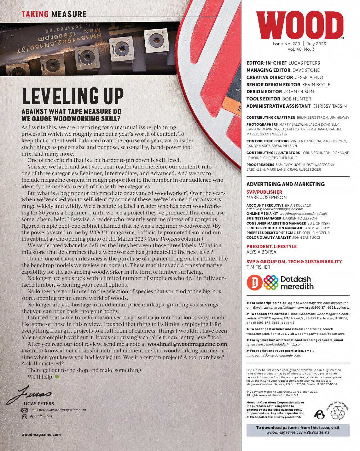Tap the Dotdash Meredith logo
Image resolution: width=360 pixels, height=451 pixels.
coord(280,283)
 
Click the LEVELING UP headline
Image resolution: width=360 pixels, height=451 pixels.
coord(73,96)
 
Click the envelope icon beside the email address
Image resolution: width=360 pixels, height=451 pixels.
coord(24,410)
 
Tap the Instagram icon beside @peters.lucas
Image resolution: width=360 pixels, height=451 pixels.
coord(24,417)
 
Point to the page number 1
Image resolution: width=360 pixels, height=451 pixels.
coord(225,434)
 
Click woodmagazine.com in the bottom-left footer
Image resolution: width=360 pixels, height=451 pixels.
coord(41,434)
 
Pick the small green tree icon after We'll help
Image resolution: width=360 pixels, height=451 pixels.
coord(57,377)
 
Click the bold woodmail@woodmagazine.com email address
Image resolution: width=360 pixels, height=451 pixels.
coord(187,344)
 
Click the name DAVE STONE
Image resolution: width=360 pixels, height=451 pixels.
coord(306,70)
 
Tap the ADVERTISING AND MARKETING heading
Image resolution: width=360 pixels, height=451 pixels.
coord(285,184)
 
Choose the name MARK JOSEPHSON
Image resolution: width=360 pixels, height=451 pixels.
coord(266,197)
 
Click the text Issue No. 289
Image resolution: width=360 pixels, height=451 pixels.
coord(286,44)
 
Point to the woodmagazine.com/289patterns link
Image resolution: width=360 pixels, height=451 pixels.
coord(298,432)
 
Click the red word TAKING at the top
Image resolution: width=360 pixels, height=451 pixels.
coord(35,14)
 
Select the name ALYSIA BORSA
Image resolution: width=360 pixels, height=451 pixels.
coord(261,252)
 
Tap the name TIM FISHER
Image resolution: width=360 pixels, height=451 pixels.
coord(258,267)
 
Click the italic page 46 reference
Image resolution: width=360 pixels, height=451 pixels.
coord(118,265)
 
